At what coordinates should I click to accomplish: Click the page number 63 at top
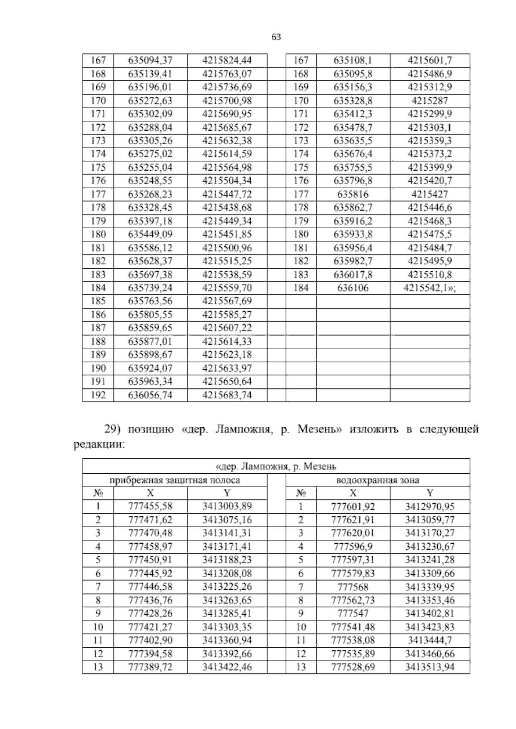point(276,37)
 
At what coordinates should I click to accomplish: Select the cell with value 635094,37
point(150,60)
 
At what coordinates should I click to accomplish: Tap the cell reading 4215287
point(430,101)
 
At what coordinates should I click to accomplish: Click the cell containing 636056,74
point(150,395)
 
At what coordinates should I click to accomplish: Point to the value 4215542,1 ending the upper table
point(430,288)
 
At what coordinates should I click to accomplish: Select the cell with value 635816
point(353,194)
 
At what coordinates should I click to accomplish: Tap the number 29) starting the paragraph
point(114,429)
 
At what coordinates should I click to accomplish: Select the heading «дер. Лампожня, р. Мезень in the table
point(276,466)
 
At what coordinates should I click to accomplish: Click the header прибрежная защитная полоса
point(175,480)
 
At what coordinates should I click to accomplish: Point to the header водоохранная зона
point(378,480)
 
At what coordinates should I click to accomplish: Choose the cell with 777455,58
point(150,507)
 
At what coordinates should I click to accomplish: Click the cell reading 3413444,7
point(430,640)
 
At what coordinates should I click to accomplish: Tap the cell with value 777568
point(353,587)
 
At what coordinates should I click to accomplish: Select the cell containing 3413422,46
point(227,667)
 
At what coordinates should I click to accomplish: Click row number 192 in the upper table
point(98,395)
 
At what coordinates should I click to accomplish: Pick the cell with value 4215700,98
point(227,101)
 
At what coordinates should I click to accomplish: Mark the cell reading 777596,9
point(353,547)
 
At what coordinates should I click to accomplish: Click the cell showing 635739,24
point(150,288)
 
